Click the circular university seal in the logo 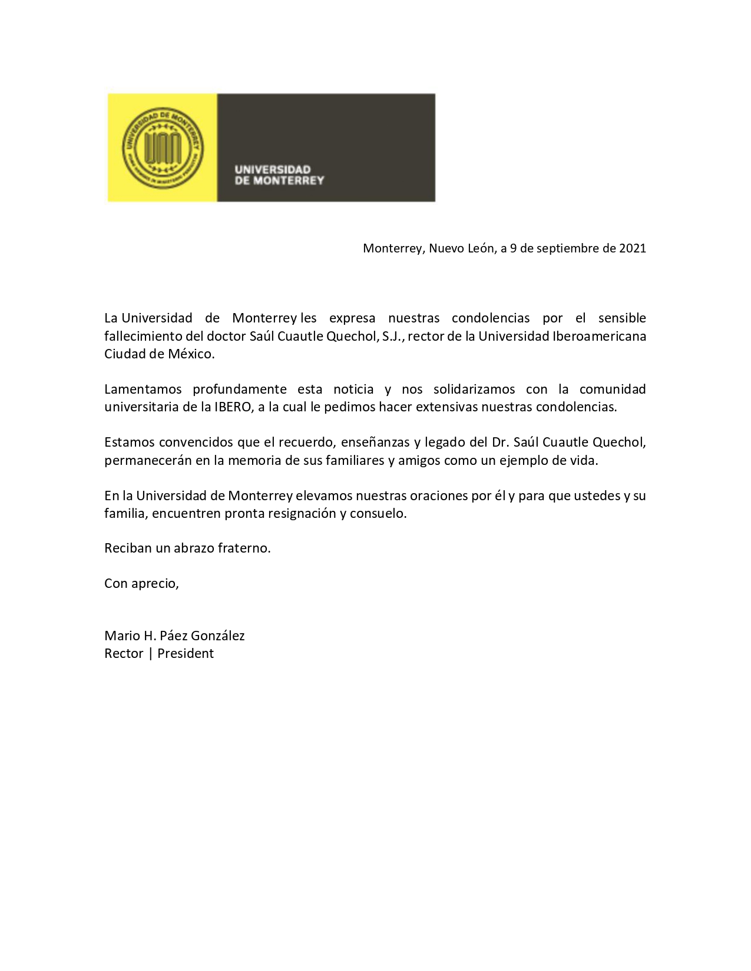click(163, 148)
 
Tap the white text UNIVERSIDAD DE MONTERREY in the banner click(279, 175)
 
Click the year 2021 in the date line click(632, 248)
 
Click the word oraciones click(439, 496)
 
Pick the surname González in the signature click(218, 636)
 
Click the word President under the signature click(186, 653)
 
